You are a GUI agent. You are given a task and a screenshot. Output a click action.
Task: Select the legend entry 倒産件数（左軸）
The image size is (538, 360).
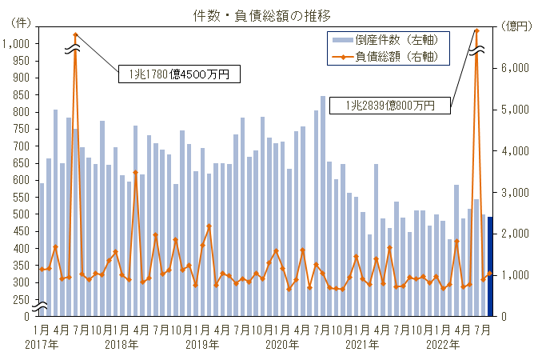pos(392,39)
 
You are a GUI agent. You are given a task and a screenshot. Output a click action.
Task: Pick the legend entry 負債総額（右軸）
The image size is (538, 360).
pos(392,57)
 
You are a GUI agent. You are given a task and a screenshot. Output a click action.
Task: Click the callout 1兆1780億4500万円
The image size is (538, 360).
pos(178,74)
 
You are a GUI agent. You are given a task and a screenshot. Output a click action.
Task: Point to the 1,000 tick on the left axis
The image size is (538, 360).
pos(18,43)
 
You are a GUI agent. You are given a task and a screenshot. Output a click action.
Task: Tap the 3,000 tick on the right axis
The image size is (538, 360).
pos(515,192)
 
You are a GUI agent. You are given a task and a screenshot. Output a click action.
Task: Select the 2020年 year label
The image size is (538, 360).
pos(281,345)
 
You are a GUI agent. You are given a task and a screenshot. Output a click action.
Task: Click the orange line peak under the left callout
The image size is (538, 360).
pos(75,35)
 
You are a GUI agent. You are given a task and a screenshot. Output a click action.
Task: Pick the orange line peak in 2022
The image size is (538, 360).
pos(476,30)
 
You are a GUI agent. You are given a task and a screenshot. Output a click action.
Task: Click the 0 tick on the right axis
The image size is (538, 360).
pos(504,316)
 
